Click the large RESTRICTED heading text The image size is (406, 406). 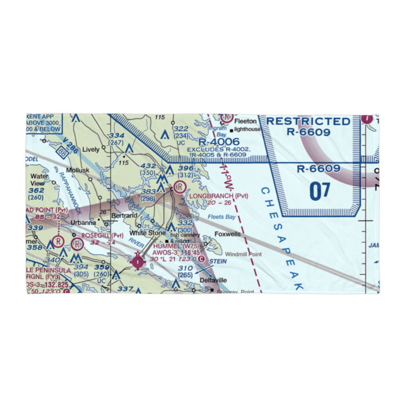(308, 121)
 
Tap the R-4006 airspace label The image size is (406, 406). (219, 141)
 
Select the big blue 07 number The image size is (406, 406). (320, 191)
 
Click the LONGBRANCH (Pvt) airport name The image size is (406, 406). (219, 196)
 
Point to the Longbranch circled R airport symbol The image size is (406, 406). (179, 187)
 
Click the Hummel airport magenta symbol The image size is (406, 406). (138, 262)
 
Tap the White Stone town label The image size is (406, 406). (147, 233)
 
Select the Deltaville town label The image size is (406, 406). (213, 280)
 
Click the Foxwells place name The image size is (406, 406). (227, 234)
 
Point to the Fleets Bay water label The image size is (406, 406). (222, 217)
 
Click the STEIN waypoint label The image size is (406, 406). (218, 261)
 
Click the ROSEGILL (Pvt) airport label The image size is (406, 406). (102, 235)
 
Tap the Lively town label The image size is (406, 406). (91, 149)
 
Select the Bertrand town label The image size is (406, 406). (124, 216)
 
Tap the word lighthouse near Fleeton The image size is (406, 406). (247, 130)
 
